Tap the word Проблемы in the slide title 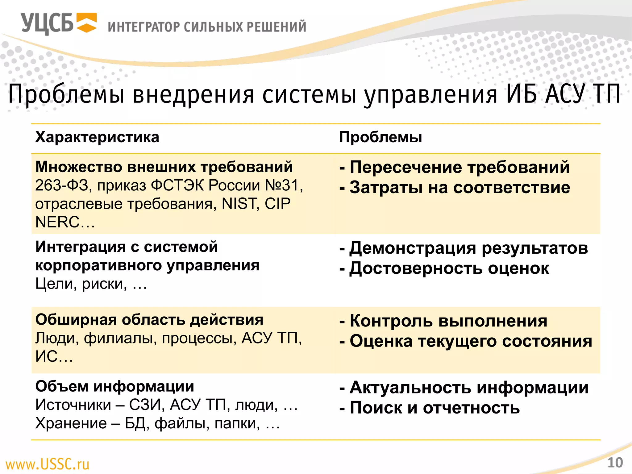66,94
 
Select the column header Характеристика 97,137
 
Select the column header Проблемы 380,137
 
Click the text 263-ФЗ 61,185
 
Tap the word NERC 57,222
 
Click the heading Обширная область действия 149,320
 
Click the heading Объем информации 115,386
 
